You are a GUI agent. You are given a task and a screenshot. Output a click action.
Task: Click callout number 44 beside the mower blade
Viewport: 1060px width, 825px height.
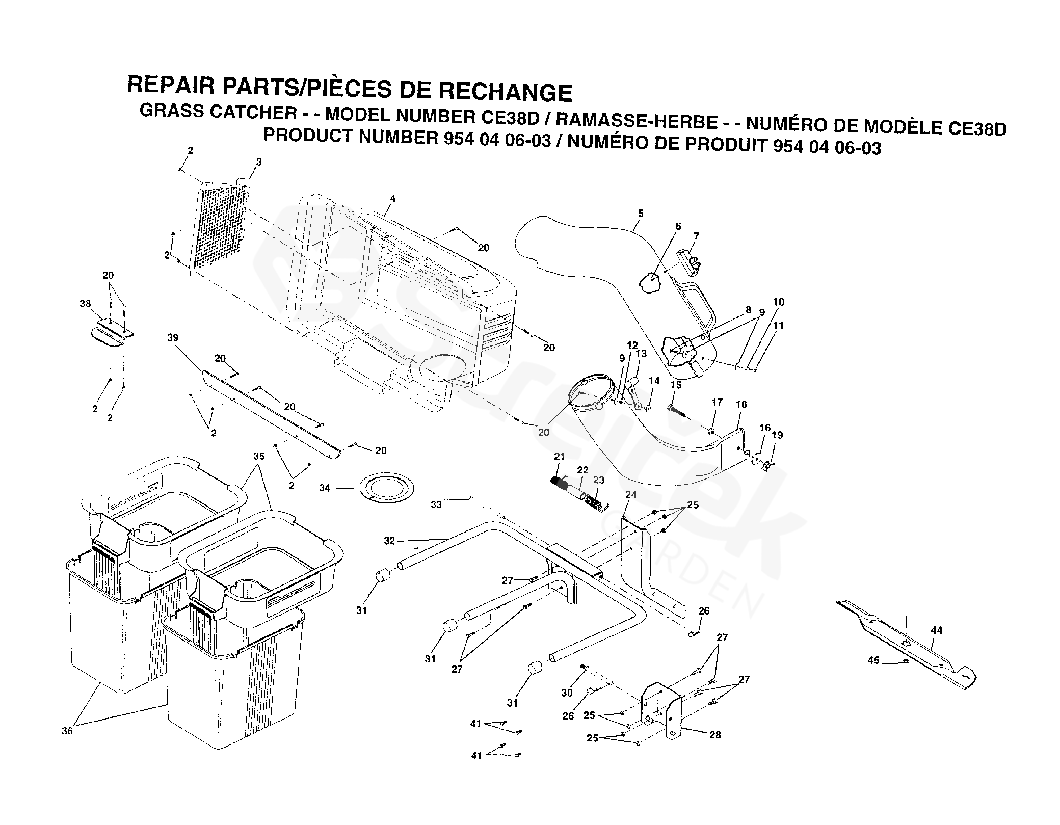(x=937, y=630)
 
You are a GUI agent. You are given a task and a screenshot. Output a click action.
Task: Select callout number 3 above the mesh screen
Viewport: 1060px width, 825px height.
(x=259, y=162)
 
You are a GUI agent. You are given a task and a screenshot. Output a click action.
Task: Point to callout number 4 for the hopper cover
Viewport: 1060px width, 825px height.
(x=392, y=198)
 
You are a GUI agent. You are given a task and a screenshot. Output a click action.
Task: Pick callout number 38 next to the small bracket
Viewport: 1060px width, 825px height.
(x=85, y=304)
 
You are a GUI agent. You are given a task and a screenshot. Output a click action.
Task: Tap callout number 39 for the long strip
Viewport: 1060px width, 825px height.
(x=173, y=338)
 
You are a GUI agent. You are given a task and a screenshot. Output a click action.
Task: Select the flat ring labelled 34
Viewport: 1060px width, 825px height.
(x=388, y=488)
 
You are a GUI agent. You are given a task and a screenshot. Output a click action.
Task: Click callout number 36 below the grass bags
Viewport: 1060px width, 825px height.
(x=67, y=731)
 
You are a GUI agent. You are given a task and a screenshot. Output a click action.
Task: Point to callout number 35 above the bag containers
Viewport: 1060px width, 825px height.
(x=259, y=456)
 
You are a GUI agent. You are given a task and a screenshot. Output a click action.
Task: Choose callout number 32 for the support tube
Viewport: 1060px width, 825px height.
(x=389, y=541)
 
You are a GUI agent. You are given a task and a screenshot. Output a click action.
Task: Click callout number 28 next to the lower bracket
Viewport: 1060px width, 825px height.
(x=715, y=735)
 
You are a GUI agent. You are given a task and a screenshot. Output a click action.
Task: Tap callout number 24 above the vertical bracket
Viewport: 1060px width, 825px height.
(x=631, y=494)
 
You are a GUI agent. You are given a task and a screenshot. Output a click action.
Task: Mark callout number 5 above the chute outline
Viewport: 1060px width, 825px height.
(x=641, y=214)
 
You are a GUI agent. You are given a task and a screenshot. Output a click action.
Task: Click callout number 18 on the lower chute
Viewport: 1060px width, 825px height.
(x=741, y=404)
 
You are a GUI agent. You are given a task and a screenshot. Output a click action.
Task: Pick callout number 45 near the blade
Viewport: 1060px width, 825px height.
(x=873, y=660)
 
